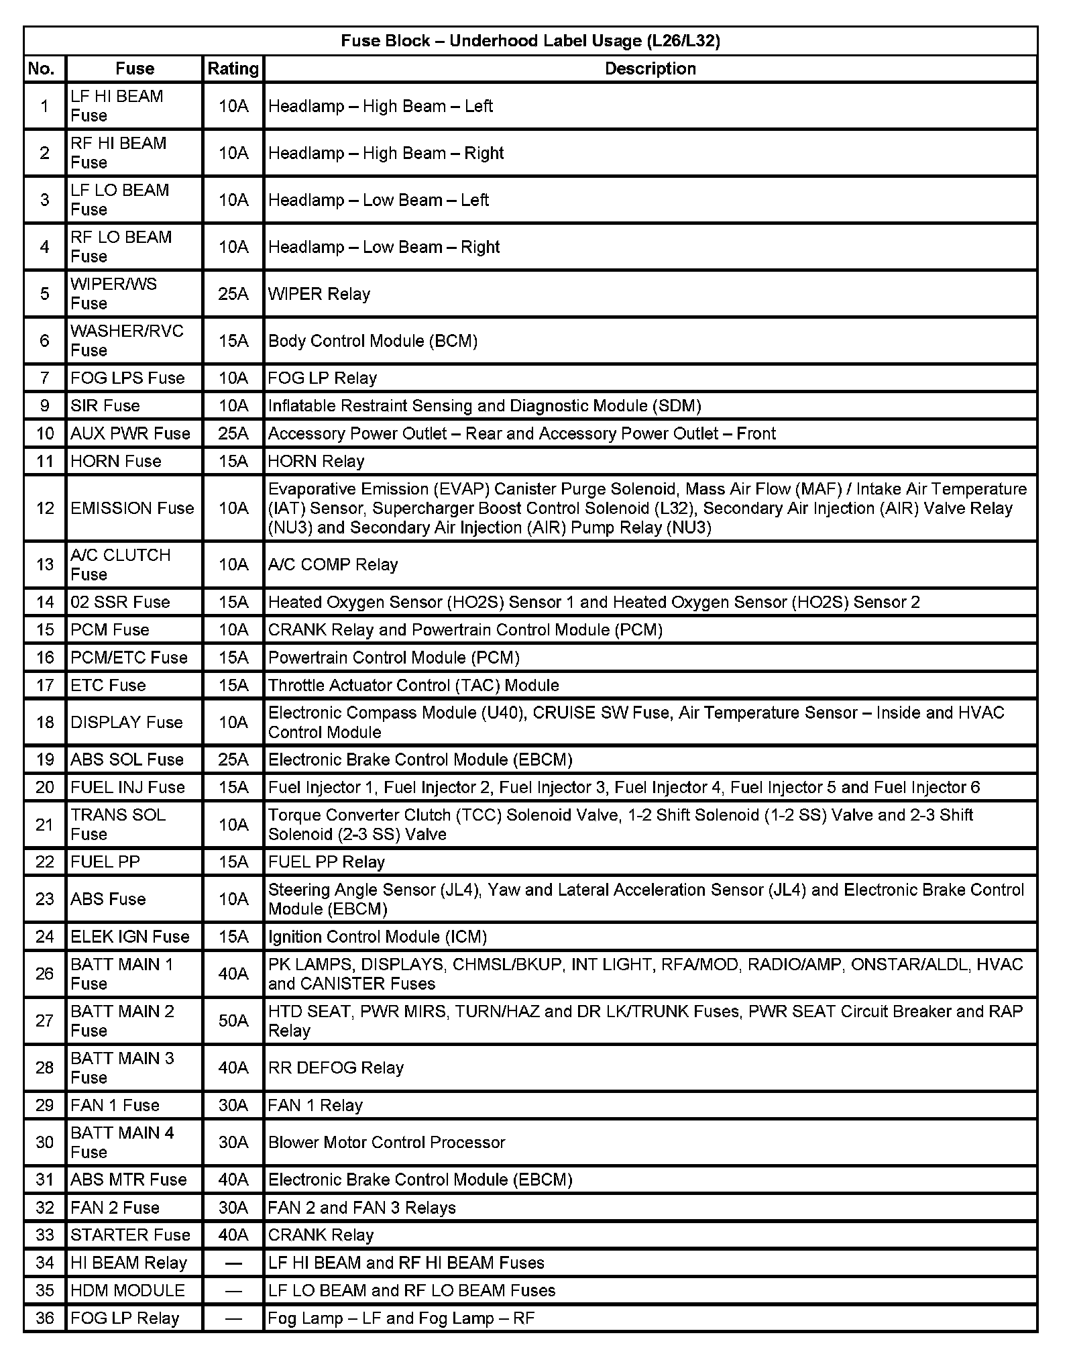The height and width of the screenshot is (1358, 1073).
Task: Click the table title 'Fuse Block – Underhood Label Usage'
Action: pyautogui.click(x=530, y=41)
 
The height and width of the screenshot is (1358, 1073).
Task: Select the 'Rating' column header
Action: pyautogui.click(x=233, y=68)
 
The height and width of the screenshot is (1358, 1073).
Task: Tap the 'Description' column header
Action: pyautogui.click(x=650, y=68)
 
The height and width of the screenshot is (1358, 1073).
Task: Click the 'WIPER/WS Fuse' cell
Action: pyautogui.click(x=114, y=293)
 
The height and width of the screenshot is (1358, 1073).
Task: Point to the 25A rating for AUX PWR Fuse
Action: pyautogui.click(x=233, y=433)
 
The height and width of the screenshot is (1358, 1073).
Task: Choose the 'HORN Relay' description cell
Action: pyautogui.click(x=316, y=461)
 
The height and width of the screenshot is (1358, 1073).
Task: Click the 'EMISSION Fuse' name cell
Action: pyautogui.click(x=132, y=508)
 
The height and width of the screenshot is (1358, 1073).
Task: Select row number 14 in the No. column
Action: pyautogui.click(x=45, y=602)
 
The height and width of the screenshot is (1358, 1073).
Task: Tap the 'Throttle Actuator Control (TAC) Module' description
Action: pyautogui.click(x=413, y=685)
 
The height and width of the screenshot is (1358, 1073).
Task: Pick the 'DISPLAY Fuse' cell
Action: pyautogui.click(x=127, y=722)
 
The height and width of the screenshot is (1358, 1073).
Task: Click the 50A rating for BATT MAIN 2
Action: pyautogui.click(x=233, y=1021)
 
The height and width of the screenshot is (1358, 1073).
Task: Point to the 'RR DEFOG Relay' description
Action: pyautogui.click(x=336, y=1067)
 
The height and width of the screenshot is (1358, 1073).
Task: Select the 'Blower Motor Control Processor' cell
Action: pyautogui.click(x=386, y=1142)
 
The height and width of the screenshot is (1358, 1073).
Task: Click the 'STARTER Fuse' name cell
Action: pyautogui.click(x=130, y=1235)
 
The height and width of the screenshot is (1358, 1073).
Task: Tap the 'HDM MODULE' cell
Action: pyautogui.click(x=127, y=1290)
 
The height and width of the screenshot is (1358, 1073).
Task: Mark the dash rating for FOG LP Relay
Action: pyautogui.click(x=233, y=1318)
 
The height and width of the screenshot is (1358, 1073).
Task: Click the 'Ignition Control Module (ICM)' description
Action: pyautogui.click(x=378, y=936)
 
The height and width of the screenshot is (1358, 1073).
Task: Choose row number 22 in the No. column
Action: pyautogui.click(x=45, y=861)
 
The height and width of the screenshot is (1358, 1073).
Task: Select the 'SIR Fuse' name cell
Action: pyautogui.click(x=105, y=405)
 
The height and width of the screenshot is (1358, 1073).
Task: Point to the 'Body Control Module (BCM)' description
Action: pyautogui.click(x=373, y=341)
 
